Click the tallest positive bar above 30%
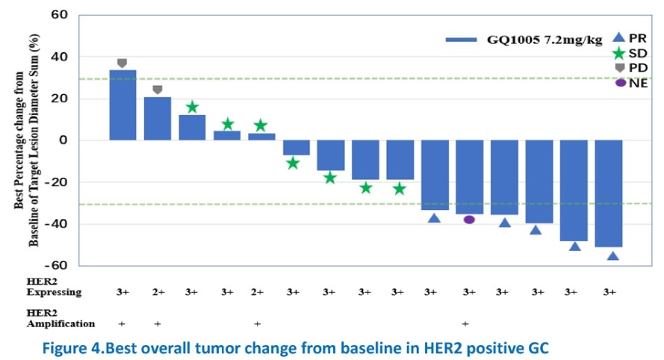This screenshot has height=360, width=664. (122, 105)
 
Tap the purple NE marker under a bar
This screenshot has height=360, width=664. (469, 220)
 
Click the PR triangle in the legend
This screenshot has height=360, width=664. (618, 37)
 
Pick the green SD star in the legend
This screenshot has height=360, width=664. (618, 53)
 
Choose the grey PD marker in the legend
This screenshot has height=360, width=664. (618, 68)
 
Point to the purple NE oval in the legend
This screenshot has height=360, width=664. (619, 82)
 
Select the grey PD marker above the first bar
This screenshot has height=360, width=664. (122, 63)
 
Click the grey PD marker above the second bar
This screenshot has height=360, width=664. (157, 90)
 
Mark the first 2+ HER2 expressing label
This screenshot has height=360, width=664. (157, 292)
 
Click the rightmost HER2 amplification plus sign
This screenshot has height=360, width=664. (465, 324)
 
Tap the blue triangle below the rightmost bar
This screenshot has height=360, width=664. (612, 256)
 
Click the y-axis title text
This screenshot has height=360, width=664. (25, 140)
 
